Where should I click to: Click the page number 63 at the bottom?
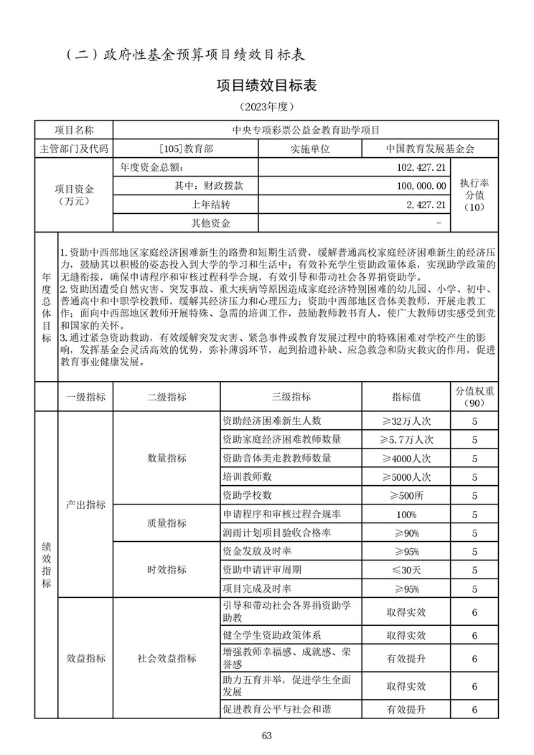(267, 734)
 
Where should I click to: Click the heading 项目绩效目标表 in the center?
(266, 85)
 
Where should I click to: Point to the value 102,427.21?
(421, 167)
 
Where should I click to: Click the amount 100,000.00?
(421, 186)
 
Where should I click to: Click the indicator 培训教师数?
(248, 477)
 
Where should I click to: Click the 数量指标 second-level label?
(167, 459)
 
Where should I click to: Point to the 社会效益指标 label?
(167, 658)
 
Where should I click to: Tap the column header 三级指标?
(291, 397)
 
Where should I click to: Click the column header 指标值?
(406, 397)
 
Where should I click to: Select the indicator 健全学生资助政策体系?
(272, 635)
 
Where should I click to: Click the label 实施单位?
(310, 149)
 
